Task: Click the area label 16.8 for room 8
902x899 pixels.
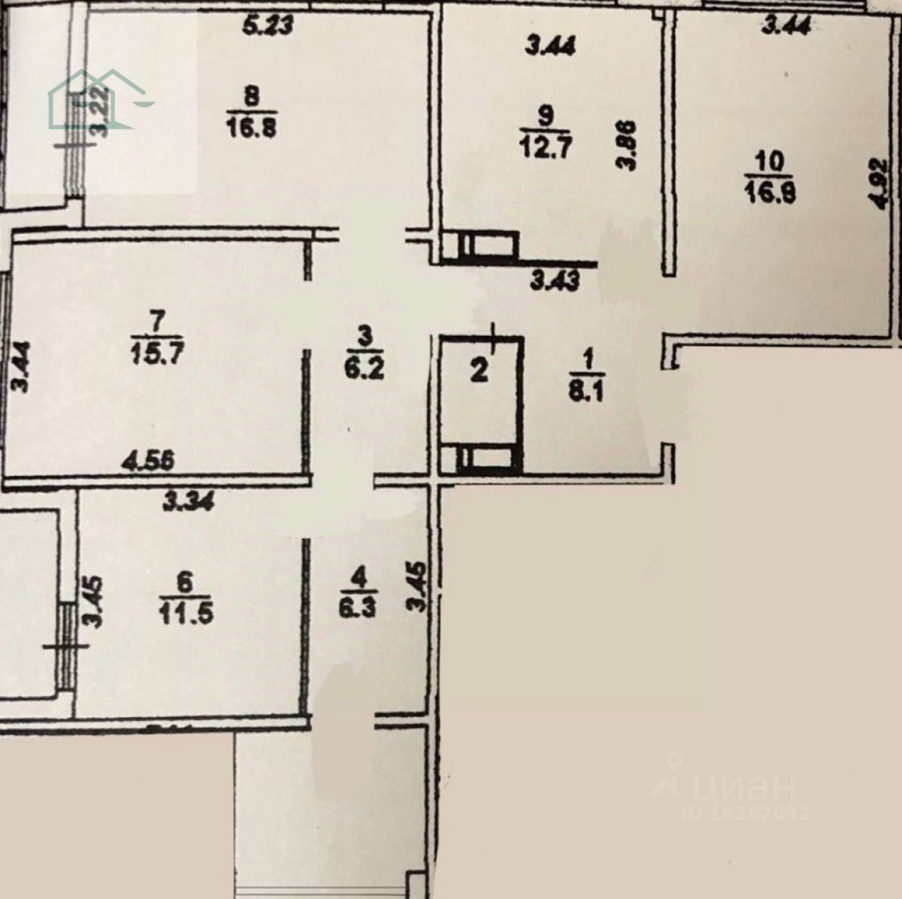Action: [250, 126]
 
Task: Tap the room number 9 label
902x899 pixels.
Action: [546, 116]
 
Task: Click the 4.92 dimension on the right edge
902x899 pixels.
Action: [876, 183]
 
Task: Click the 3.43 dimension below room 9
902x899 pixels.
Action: [555, 281]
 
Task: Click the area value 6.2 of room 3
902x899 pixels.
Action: [364, 369]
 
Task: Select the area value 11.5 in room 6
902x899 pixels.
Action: [186, 612]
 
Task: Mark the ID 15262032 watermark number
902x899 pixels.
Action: [744, 813]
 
